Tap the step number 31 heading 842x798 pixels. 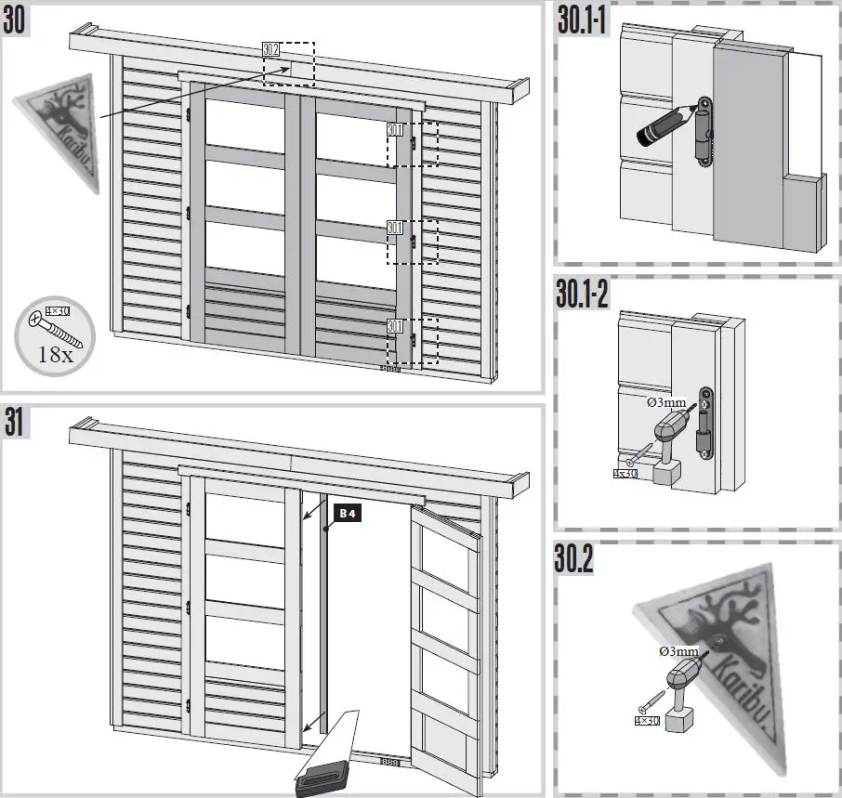[15, 424]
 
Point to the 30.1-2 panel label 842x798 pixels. [584, 295]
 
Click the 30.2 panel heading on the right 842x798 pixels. [576, 559]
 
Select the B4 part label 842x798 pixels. [345, 513]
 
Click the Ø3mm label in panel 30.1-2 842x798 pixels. [665, 404]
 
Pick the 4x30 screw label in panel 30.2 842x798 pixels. [644, 720]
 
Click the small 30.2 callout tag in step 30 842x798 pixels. [270, 49]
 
